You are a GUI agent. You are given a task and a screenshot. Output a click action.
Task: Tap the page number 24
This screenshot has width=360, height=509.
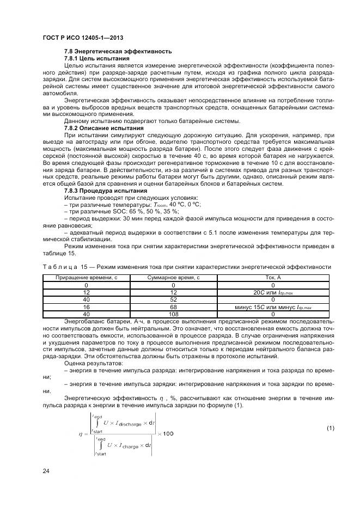[46, 469]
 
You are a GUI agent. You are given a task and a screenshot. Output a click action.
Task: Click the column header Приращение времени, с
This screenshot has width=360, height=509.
[86, 278]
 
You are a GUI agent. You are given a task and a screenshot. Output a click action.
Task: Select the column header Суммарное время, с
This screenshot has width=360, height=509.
[173, 278]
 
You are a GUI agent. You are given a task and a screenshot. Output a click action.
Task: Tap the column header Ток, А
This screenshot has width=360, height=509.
[272, 278]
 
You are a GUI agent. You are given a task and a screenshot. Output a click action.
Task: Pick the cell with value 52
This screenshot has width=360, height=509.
[173, 299]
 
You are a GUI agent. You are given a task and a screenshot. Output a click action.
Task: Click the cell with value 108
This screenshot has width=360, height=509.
[173, 314]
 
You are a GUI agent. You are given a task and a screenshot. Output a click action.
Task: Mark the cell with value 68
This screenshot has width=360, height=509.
[173, 306]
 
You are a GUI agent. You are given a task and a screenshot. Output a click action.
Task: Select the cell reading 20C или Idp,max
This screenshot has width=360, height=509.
[272, 292]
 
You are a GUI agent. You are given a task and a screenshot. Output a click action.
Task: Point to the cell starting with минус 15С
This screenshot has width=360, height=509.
[272, 306]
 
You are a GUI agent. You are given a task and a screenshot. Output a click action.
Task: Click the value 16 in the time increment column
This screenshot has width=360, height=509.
[86, 306]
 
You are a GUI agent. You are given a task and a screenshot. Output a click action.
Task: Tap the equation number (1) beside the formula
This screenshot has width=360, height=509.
[330, 428]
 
